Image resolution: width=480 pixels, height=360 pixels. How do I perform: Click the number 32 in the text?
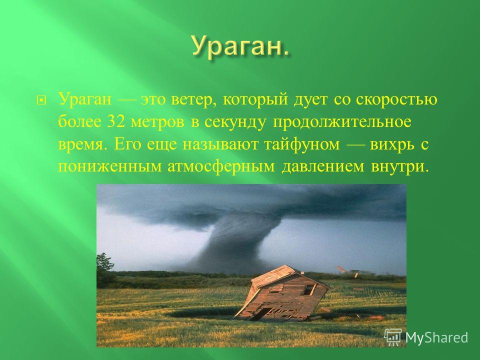(115, 122)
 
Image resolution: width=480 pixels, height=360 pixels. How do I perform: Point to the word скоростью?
(396, 100)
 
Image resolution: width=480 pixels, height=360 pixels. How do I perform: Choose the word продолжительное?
(342, 122)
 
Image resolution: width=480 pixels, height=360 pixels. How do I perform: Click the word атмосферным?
(221, 167)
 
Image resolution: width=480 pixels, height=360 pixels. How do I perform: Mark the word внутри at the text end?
(398, 167)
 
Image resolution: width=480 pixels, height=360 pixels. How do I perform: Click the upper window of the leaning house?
(308, 290)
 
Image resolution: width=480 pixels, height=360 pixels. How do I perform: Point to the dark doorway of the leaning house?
(263, 313)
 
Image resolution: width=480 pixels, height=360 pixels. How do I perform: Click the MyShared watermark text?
(437, 337)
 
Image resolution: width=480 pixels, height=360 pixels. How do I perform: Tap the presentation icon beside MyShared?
(393, 337)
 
